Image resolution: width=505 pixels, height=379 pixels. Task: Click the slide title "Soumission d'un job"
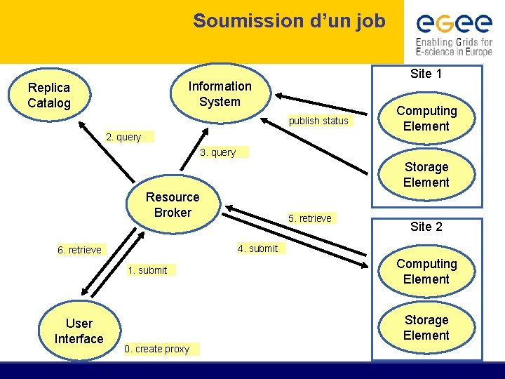(289, 21)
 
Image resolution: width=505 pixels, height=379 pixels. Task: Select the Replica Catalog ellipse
(49, 95)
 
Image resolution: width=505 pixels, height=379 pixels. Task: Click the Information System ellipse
(220, 94)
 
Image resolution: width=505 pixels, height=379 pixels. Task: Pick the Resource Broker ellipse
(173, 205)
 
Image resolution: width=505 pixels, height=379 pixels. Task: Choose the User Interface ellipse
(79, 331)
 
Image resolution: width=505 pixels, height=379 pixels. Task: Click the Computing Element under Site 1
(426, 119)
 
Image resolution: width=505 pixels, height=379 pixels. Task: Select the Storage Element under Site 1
(426, 175)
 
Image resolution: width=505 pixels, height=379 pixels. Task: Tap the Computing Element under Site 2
(426, 272)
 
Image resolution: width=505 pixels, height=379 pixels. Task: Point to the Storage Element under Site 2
(426, 328)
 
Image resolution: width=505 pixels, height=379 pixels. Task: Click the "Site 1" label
(426, 74)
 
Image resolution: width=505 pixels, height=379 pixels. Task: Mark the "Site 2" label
(426, 227)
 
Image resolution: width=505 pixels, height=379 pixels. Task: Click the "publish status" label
(318, 121)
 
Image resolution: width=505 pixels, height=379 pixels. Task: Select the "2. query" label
(123, 137)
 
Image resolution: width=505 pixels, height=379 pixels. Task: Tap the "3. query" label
(218, 152)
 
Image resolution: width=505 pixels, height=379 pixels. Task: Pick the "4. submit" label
(257, 248)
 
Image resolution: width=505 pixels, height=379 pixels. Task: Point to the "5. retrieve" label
(309, 218)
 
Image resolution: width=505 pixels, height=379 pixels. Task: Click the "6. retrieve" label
(80, 250)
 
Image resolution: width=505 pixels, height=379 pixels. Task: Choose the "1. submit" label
(148, 270)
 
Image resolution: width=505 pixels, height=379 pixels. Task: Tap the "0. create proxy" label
(157, 349)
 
